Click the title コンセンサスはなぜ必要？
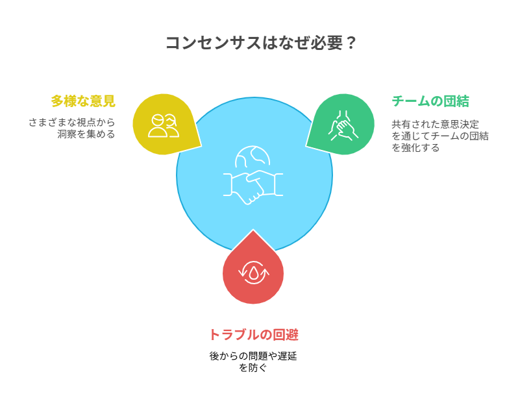[x=260, y=43]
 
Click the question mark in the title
[x=350, y=43]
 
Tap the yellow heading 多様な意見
[x=82, y=101]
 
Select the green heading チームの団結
[x=430, y=101]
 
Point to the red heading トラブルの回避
[x=253, y=335]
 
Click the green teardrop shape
[x=342, y=125]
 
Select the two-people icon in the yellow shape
[x=163, y=125]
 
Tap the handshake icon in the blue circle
[x=253, y=186]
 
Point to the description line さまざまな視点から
[x=71, y=122]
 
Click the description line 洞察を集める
[x=86, y=134]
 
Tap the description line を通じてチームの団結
[x=439, y=136]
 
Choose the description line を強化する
[x=415, y=147]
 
